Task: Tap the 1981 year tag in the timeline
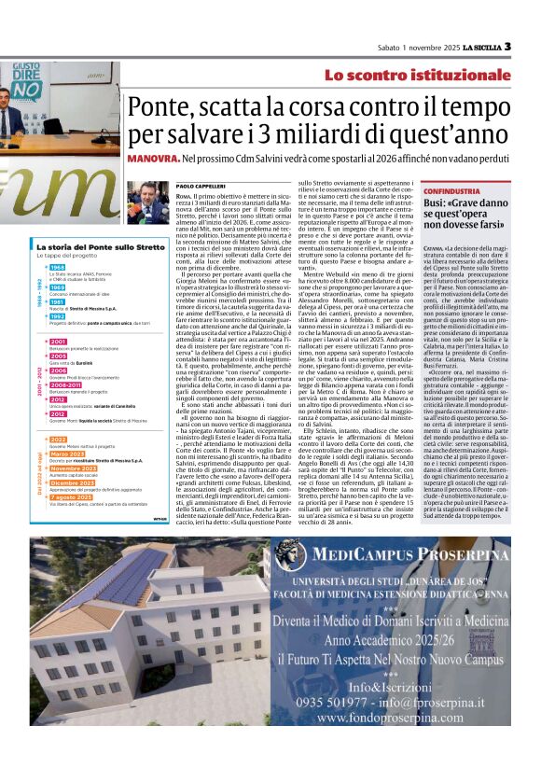(57, 302)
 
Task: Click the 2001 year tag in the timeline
(58, 342)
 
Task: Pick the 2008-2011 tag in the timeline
(66, 384)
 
